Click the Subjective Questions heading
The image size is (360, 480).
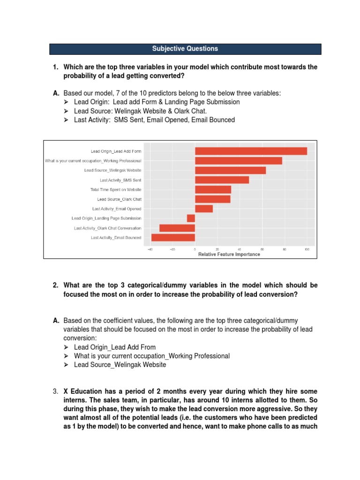click(x=185, y=49)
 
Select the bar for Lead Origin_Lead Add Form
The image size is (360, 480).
click(x=251, y=151)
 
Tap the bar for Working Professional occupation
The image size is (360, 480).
click(x=238, y=161)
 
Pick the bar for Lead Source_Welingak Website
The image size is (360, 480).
click(x=230, y=170)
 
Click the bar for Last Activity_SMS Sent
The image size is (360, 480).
click(x=222, y=180)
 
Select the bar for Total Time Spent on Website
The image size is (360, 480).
click(x=213, y=189)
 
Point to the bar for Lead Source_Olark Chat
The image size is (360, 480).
click(x=212, y=199)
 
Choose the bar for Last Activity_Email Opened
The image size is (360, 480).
click(x=203, y=209)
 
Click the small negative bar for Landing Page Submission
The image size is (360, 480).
click(x=191, y=218)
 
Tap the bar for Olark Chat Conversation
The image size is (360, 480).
click(x=177, y=228)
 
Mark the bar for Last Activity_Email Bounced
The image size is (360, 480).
click(x=173, y=238)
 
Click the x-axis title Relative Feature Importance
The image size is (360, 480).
click(x=229, y=255)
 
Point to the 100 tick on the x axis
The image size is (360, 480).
click(x=307, y=249)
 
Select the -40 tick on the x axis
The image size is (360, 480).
click(x=150, y=249)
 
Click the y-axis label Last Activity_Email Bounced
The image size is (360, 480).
click(x=116, y=238)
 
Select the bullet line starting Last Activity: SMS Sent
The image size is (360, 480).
click(x=154, y=120)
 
